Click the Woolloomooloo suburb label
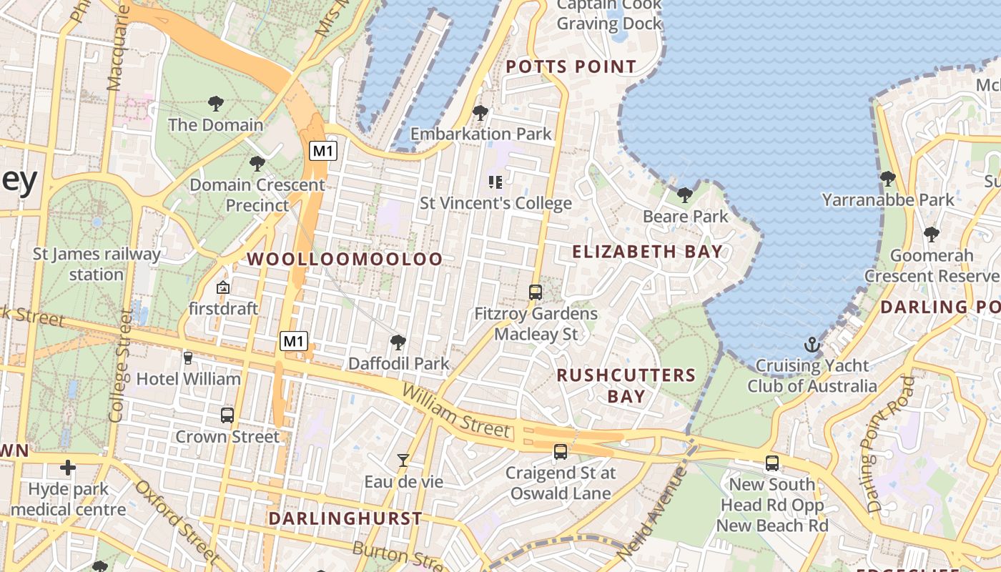point(345,259)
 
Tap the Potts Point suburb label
point(571,67)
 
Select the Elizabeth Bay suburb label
point(647,252)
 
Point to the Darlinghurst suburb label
point(345,518)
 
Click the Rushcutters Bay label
point(626,385)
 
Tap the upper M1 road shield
point(323,151)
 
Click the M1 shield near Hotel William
point(294,341)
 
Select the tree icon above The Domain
point(216,104)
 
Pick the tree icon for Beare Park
point(685,194)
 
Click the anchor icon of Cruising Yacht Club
point(812,345)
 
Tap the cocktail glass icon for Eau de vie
point(403,460)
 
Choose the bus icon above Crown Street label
point(227,415)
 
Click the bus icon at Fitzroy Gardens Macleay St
point(536,292)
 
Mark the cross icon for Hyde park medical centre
point(68,468)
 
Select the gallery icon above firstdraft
point(223,288)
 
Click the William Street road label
point(456,410)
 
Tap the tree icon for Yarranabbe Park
point(888,178)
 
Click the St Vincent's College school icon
point(495,182)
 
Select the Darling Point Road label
point(890,444)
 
